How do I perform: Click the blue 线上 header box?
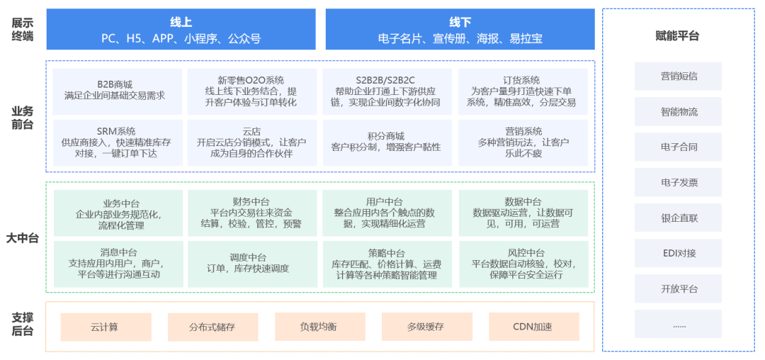coord(181,29)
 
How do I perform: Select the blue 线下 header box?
coord(460,29)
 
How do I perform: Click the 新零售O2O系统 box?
coord(251,91)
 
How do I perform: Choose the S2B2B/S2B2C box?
coord(387,91)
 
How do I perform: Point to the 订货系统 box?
coord(523,91)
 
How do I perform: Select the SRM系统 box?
coord(118,142)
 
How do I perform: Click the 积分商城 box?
coord(387,142)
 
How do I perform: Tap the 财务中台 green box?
coord(251,213)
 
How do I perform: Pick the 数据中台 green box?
coord(523,213)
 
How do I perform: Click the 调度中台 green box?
coord(251,263)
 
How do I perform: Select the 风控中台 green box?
coord(523,263)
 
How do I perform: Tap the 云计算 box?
coord(104,327)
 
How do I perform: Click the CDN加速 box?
coord(533,327)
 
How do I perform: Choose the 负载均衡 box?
coord(318,327)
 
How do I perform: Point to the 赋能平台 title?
coord(677,35)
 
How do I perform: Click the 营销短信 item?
coord(678,76)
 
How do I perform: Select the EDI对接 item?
coord(678,253)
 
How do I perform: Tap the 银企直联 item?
coord(678,218)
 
